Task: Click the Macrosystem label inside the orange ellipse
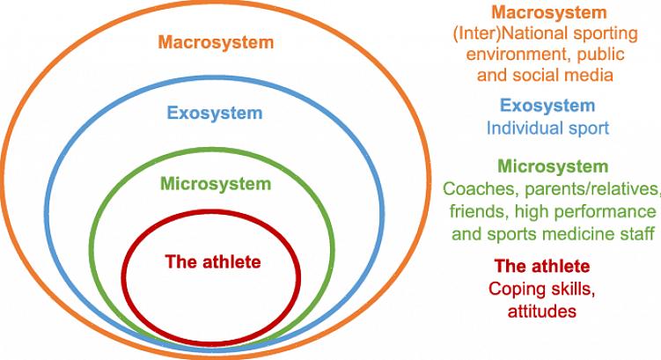[216, 42]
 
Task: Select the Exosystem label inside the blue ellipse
[215, 113]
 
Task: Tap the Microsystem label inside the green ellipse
[216, 184]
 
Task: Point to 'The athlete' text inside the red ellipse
[213, 261]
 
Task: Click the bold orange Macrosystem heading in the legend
[549, 12]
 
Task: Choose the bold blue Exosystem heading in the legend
[547, 106]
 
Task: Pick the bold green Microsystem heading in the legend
[553, 166]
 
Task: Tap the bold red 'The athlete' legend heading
[542, 266]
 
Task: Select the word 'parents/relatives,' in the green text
[592, 190]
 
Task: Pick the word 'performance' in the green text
[605, 211]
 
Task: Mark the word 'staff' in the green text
[639, 233]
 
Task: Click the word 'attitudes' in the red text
[541, 311]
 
